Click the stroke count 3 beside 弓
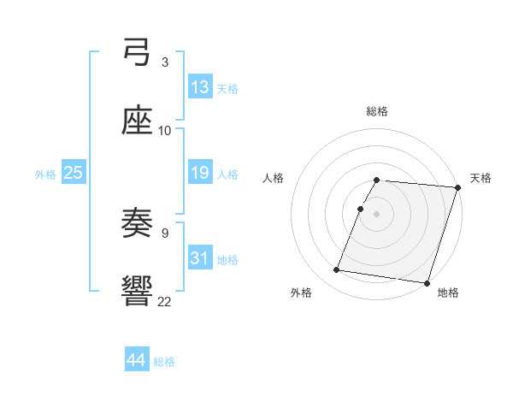[164, 62]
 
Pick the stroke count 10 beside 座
[165, 130]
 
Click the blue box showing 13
[200, 87]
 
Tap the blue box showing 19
[200, 173]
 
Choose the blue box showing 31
[200, 257]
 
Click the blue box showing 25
[74, 173]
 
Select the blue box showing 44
[137, 360]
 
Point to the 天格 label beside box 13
[227, 89]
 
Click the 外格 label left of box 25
[45, 174]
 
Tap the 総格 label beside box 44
[164, 362]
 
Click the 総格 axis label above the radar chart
[377, 111]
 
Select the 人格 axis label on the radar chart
[274, 178]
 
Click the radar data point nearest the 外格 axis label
[337, 270]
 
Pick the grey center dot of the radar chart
[377, 213]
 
